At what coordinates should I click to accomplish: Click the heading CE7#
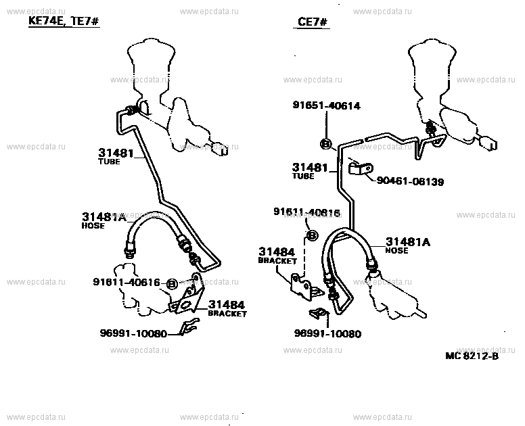[313, 22]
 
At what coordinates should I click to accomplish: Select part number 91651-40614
[326, 105]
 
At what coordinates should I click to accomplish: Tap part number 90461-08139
[411, 182]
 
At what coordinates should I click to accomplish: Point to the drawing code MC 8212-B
[472, 356]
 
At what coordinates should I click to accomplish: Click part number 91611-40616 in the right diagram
[306, 213]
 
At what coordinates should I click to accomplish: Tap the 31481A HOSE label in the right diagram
[409, 244]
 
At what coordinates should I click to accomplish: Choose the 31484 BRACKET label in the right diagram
[278, 255]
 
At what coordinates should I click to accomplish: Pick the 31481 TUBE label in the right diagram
[310, 170]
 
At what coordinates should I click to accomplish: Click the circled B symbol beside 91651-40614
[325, 143]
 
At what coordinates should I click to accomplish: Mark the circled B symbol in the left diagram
[172, 284]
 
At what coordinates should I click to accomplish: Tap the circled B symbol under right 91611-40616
[313, 235]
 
